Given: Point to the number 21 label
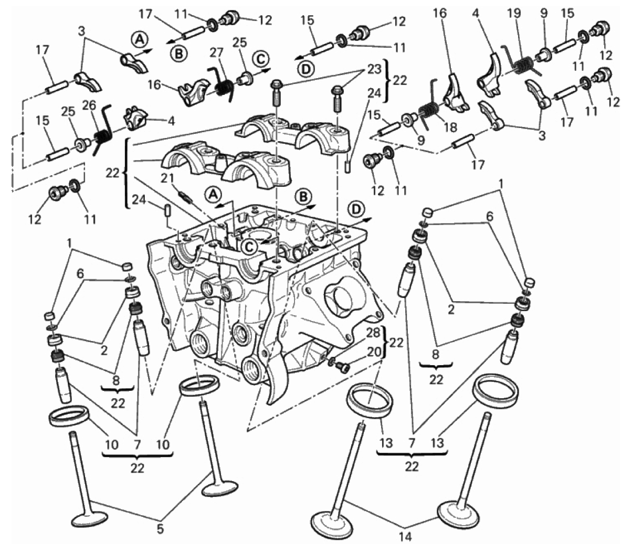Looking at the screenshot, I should (167, 178).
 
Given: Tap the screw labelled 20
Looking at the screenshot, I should (342, 368).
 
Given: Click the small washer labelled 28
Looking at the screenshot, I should (331, 361).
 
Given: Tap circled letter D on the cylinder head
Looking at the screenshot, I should (356, 209).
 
